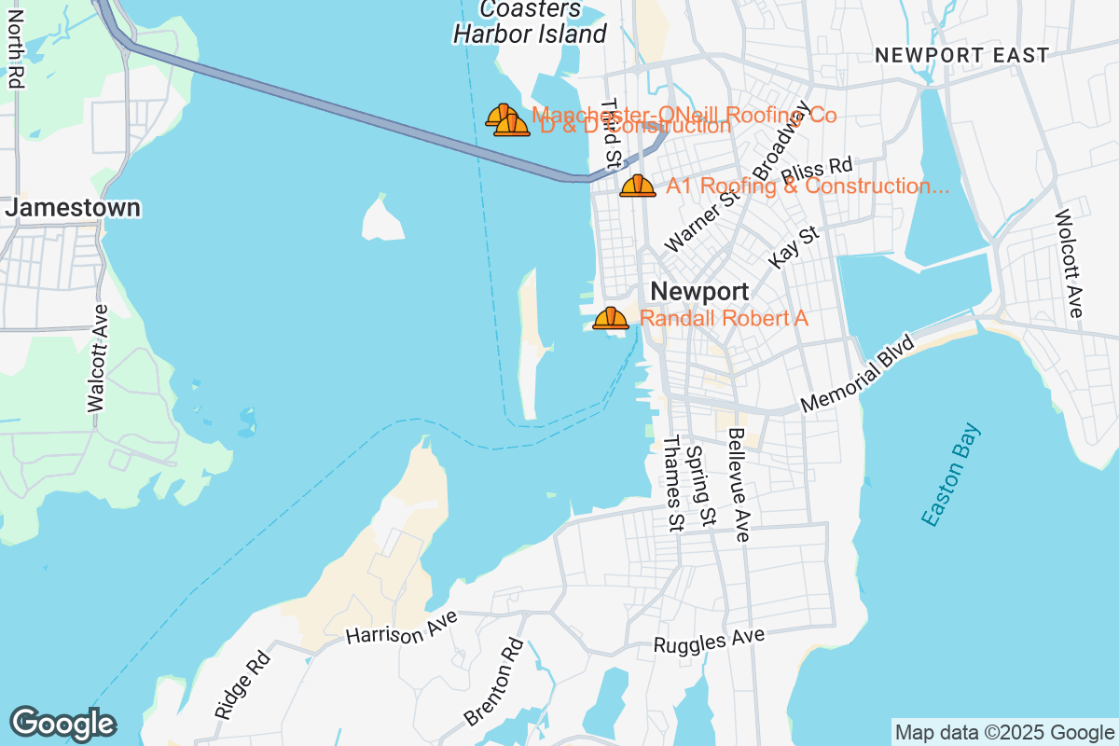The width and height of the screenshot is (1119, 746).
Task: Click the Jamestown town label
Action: [x=73, y=207]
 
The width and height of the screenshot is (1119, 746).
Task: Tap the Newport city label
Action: [x=699, y=291]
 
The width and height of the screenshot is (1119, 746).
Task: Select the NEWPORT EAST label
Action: [x=961, y=56]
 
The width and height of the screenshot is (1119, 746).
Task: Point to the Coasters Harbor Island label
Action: [x=530, y=22]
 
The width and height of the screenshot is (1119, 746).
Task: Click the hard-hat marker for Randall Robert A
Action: [x=611, y=318]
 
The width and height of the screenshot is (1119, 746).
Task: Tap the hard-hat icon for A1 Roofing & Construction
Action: [x=638, y=186]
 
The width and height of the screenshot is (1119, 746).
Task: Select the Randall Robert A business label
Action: [x=724, y=318]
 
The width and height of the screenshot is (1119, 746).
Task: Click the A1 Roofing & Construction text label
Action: [x=808, y=186]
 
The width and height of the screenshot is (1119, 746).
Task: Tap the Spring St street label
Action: [x=699, y=485]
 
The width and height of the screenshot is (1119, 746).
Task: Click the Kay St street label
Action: [x=794, y=244]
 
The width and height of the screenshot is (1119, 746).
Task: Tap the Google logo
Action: [x=62, y=724]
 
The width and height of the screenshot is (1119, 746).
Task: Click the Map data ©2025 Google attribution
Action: [x=1005, y=732]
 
